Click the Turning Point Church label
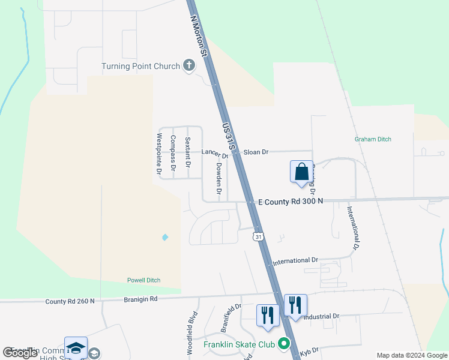(x=140, y=66)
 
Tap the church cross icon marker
(x=189, y=65)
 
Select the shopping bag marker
(x=301, y=171)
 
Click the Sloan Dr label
(x=256, y=152)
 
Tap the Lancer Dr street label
(x=215, y=153)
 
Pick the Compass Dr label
(x=173, y=151)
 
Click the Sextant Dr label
(x=187, y=152)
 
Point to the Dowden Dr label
(x=218, y=179)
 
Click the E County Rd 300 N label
(x=290, y=201)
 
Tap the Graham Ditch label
(x=373, y=139)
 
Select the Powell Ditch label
(x=143, y=280)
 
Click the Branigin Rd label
(x=140, y=299)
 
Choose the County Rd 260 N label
(x=70, y=301)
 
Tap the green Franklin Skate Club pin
(x=285, y=344)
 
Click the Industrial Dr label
(x=321, y=316)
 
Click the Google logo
(x=20, y=353)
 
